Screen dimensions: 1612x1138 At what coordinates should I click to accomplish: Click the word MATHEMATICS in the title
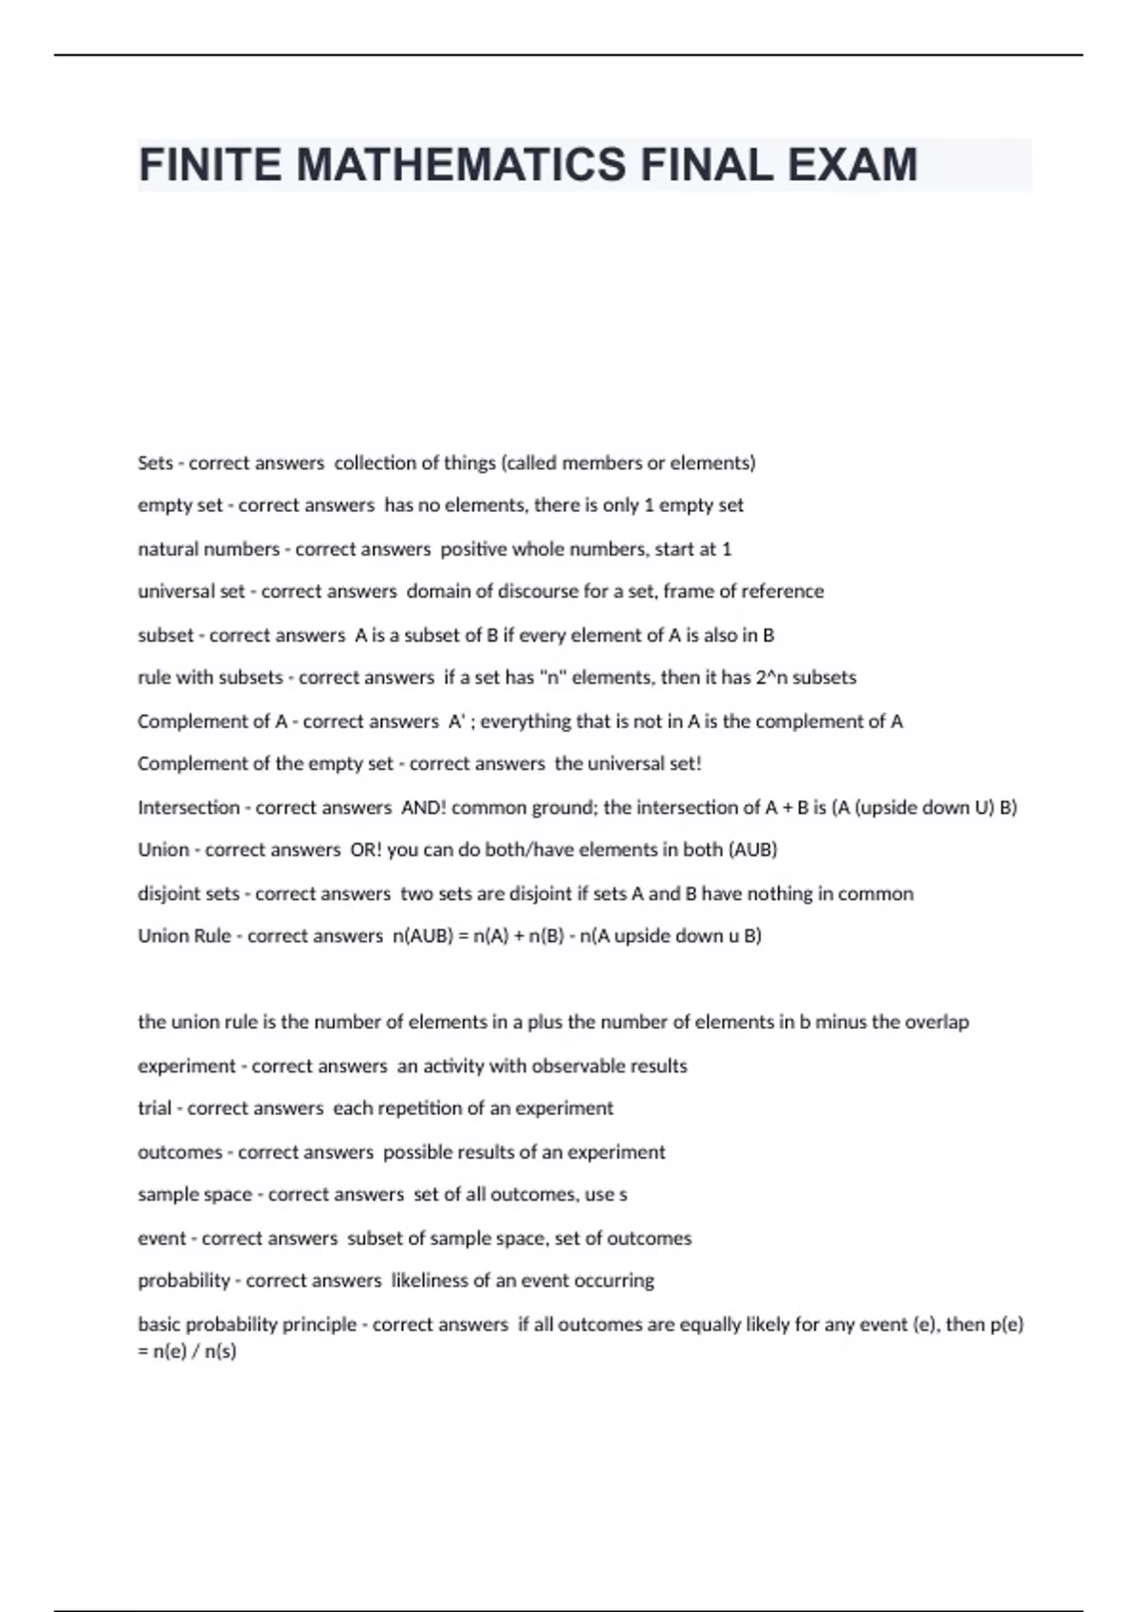coord(461,165)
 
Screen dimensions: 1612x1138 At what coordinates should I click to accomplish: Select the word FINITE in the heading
coord(210,165)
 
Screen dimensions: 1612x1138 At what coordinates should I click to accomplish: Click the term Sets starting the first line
coord(156,463)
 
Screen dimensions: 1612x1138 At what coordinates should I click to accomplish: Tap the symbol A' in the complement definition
coord(456,722)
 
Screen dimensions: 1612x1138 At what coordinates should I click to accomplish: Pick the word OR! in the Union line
coord(365,850)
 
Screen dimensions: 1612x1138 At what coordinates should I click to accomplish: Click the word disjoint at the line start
coord(168,893)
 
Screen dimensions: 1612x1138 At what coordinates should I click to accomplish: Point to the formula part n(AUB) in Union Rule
coord(422,936)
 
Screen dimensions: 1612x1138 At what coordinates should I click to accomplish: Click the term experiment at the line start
coord(186,1066)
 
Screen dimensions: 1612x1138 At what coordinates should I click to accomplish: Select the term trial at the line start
coord(155,1108)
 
